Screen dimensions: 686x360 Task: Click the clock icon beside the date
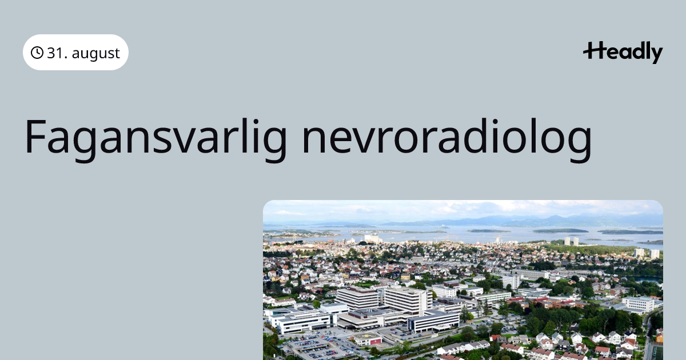click(37, 53)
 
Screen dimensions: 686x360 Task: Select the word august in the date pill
click(95, 54)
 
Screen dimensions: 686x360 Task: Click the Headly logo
click(623, 53)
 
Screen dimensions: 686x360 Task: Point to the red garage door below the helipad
click(376, 342)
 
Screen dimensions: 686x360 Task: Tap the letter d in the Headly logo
click(633, 51)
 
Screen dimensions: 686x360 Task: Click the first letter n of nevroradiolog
click(314, 140)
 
